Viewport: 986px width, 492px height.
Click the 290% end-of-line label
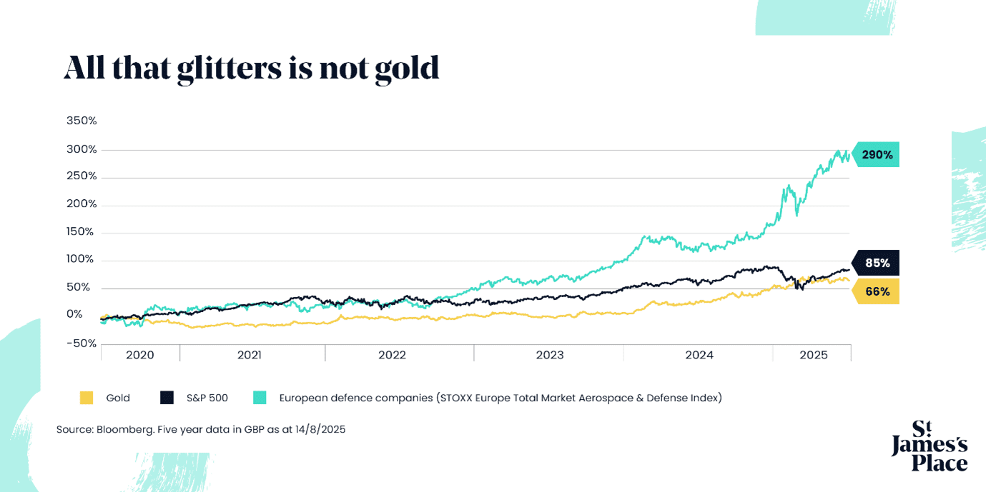tap(877, 154)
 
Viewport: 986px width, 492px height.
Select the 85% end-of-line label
tap(877, 263)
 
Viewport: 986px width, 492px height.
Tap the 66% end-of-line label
tap(877, 291)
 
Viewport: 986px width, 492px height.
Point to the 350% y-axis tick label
tap(82, 121)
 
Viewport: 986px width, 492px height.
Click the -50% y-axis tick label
tap(81, 343)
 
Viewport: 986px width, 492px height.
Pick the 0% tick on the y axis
tap(74, 314)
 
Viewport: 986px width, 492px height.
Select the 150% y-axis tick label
tap(80, 231)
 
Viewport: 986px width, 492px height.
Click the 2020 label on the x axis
tap(140, 355)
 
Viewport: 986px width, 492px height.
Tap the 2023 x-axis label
tap(550, 355)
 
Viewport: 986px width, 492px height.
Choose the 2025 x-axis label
tap(814, 355)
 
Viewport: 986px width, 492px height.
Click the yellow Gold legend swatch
tap(87, 398)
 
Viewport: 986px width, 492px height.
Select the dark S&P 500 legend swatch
tap(167, 398)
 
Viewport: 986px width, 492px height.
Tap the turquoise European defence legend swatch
tap(260, 398)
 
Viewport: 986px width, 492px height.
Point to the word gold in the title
tap(408, 69)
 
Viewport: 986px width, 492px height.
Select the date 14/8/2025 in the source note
tap(320, 429)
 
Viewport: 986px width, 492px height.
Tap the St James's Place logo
tap(929, 446)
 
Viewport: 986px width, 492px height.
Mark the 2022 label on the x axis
tap(392, 355)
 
